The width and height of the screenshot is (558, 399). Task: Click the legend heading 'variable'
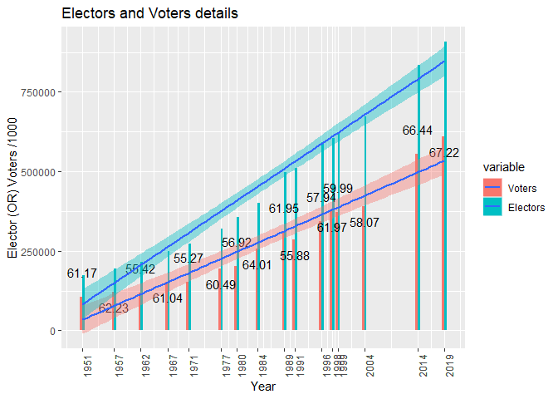504,167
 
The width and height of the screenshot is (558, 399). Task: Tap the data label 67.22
444,153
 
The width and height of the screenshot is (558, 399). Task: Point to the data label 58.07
365,223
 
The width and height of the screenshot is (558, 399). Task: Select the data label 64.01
257,265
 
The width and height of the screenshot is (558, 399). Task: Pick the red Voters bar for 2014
417,241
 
